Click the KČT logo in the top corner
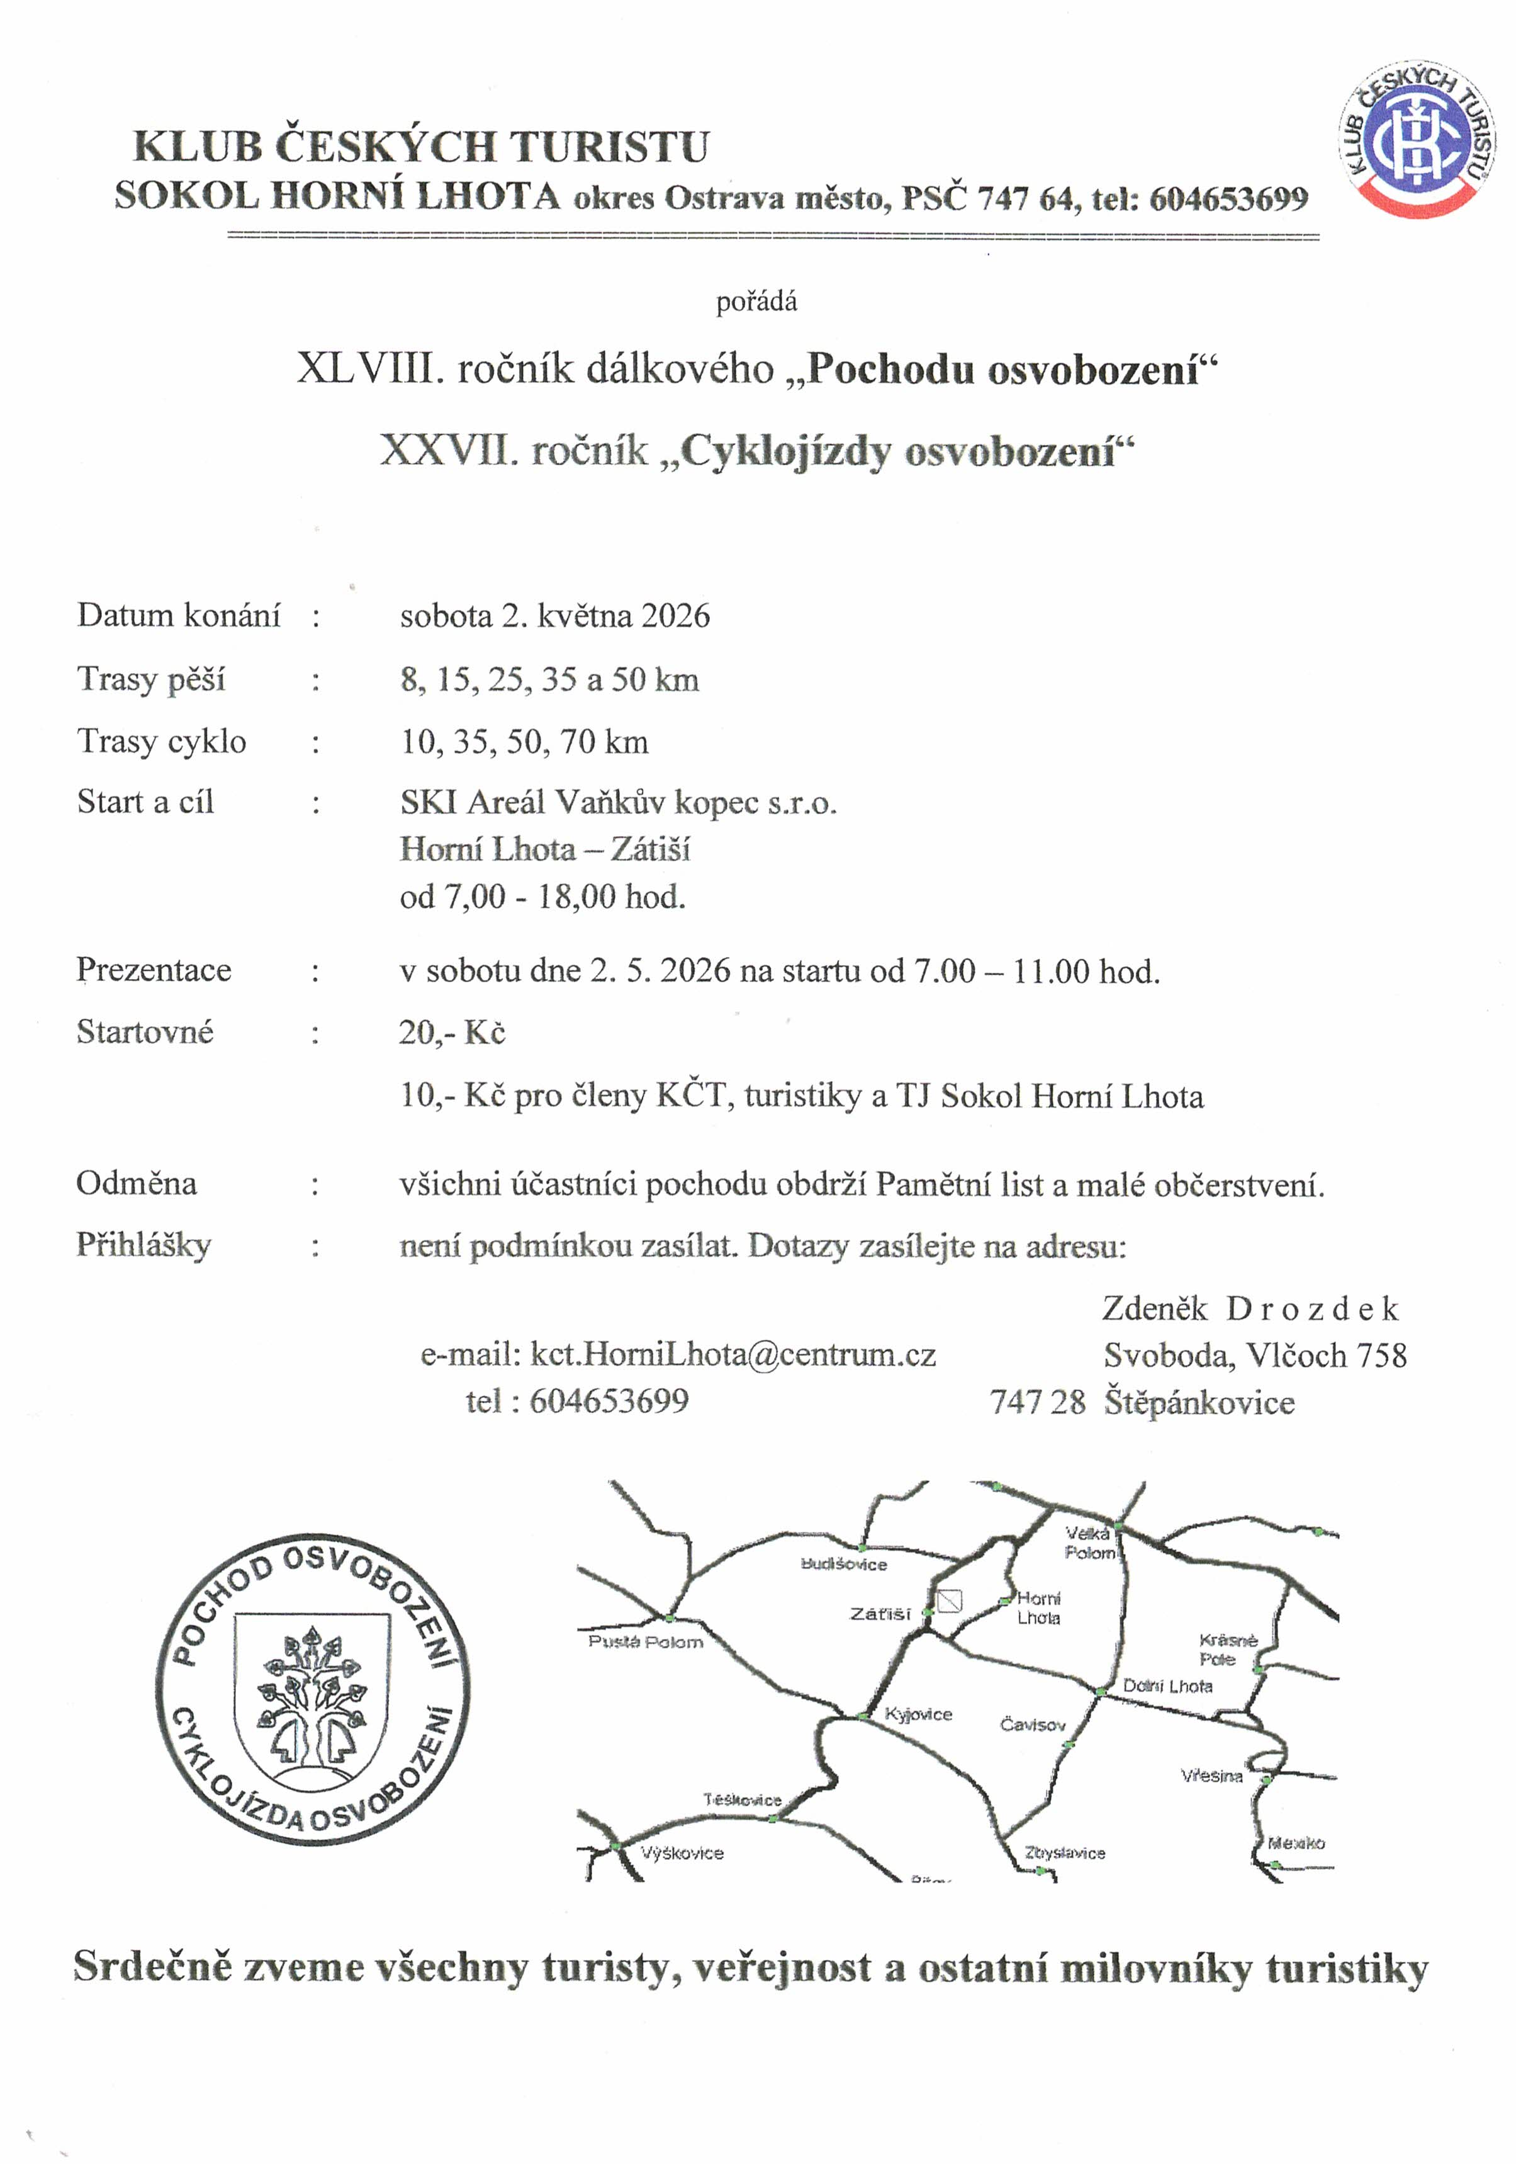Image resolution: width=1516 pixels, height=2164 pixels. pos(1418,140)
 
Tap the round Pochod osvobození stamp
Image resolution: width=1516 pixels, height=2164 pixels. pos(312,1688)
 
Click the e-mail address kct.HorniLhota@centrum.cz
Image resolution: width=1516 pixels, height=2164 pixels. pos(732,1354)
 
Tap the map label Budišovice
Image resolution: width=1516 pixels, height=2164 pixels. pos(843,1563)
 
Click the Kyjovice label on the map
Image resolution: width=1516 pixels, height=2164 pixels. pos(919,1713)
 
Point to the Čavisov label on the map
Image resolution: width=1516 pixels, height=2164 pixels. pos(1033,1724)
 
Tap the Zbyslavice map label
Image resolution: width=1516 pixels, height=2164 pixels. pos(1065,1852)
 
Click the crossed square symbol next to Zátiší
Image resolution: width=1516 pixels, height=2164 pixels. pos(949,1600)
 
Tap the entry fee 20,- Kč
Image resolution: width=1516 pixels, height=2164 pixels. pos(452,1033)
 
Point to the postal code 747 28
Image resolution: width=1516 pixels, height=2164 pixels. pos(1037,1402)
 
